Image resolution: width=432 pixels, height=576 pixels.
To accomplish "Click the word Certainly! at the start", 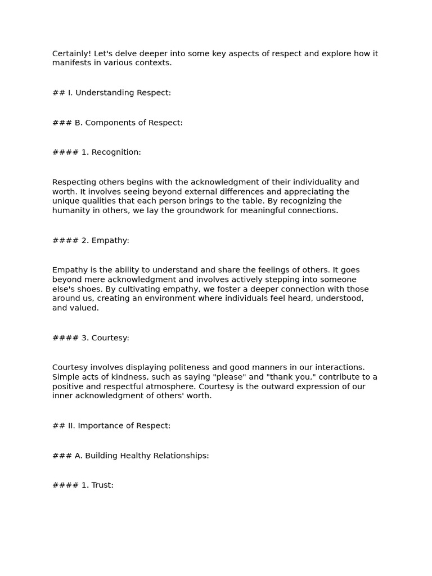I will coord(71,54).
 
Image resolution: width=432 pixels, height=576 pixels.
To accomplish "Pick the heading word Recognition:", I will coord(116,152).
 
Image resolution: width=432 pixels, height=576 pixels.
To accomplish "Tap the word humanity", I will coord(71,210).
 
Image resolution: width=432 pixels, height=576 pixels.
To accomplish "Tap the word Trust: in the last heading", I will coord(102,485).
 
